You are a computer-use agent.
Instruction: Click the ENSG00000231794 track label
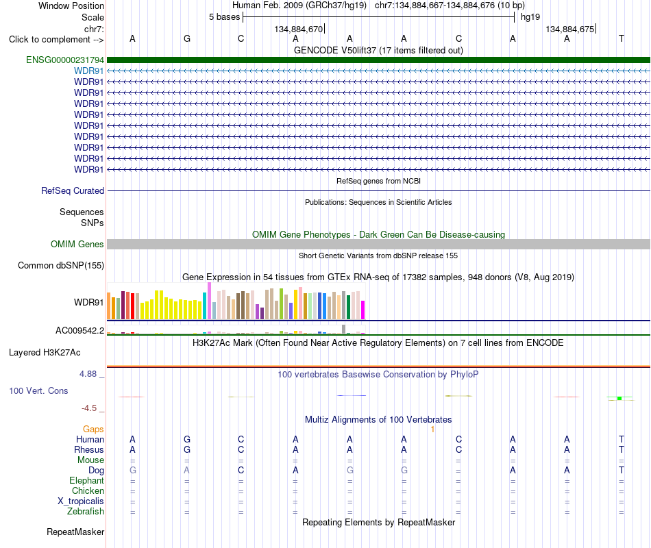65,60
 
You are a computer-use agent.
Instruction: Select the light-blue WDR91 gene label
89,71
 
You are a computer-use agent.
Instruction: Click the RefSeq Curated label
73,190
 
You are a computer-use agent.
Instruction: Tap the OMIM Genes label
77,244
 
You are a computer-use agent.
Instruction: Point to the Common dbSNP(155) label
61,265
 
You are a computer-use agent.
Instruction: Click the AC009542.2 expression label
79,330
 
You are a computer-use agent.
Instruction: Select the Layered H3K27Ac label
45,353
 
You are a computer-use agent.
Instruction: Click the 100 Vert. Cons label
38,390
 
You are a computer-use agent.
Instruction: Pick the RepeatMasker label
75,532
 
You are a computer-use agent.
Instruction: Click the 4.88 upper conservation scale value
88,373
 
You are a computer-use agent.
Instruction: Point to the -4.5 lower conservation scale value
89,408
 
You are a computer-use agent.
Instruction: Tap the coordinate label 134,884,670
299,29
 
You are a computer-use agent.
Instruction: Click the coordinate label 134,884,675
570,29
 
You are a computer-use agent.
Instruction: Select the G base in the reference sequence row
187,38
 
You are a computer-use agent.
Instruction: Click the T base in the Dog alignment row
621,470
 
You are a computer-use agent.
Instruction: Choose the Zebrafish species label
86,511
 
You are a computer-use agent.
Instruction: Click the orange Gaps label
93,429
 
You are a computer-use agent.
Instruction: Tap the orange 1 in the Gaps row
432,429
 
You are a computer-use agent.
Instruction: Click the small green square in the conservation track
619,399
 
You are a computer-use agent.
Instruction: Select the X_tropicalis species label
81,501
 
